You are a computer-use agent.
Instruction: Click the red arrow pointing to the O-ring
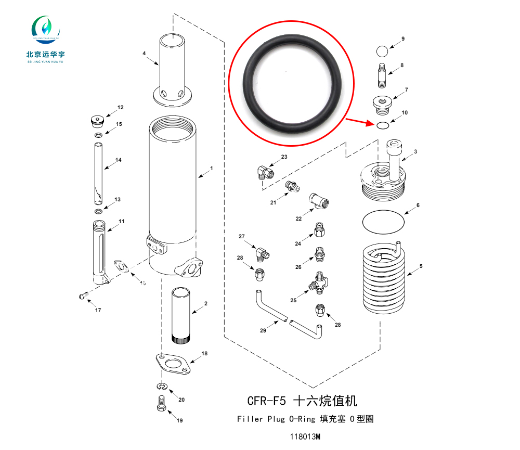coord(358,122)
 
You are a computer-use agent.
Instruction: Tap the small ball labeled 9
coord(382,51)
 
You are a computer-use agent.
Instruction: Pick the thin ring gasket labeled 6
coord(383,222)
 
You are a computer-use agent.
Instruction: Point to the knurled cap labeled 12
coord(96,121)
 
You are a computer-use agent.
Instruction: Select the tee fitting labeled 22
coord(318,200)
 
